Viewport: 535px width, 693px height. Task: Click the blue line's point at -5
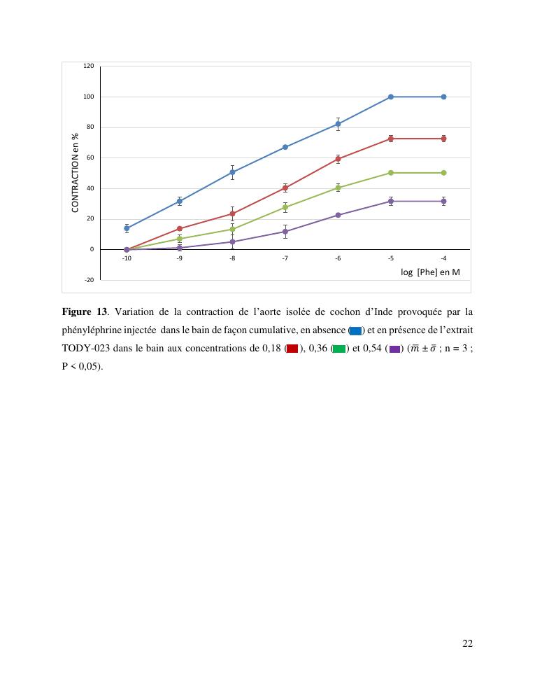(x=391, y=97)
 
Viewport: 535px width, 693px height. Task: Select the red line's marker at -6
(x=338, y=159)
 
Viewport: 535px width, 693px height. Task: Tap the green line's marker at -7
(x=285, y=207)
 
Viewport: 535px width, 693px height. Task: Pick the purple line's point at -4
(x=444, y=201)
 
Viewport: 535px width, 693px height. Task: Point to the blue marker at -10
(x=127, y=228)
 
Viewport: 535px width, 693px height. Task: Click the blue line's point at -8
(x=232, y=172)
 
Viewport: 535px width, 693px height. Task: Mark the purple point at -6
(x=338, y=215)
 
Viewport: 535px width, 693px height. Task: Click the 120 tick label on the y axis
(x=89, y=66)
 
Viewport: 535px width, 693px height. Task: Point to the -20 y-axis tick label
(x=90, y=280)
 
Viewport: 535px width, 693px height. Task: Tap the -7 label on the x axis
(x=285, y=259)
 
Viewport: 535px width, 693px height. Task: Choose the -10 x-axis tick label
(x=127, y=259)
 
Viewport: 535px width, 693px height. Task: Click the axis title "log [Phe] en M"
(x=430, y=272)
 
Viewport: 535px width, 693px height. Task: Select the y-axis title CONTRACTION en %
(x=75, y=173)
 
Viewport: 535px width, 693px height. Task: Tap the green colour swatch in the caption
(x=339, y=349)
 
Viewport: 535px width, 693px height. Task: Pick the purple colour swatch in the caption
(x=395, y=349)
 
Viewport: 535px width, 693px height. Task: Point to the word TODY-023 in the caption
(x=85, y=348)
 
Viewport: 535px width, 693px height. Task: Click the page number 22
(x=468, y=643)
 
